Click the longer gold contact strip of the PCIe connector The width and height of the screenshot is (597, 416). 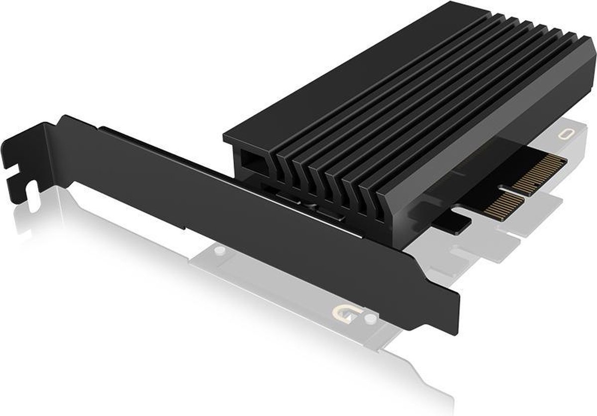click(540, 172)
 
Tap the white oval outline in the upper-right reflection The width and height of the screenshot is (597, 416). click(565, 135)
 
